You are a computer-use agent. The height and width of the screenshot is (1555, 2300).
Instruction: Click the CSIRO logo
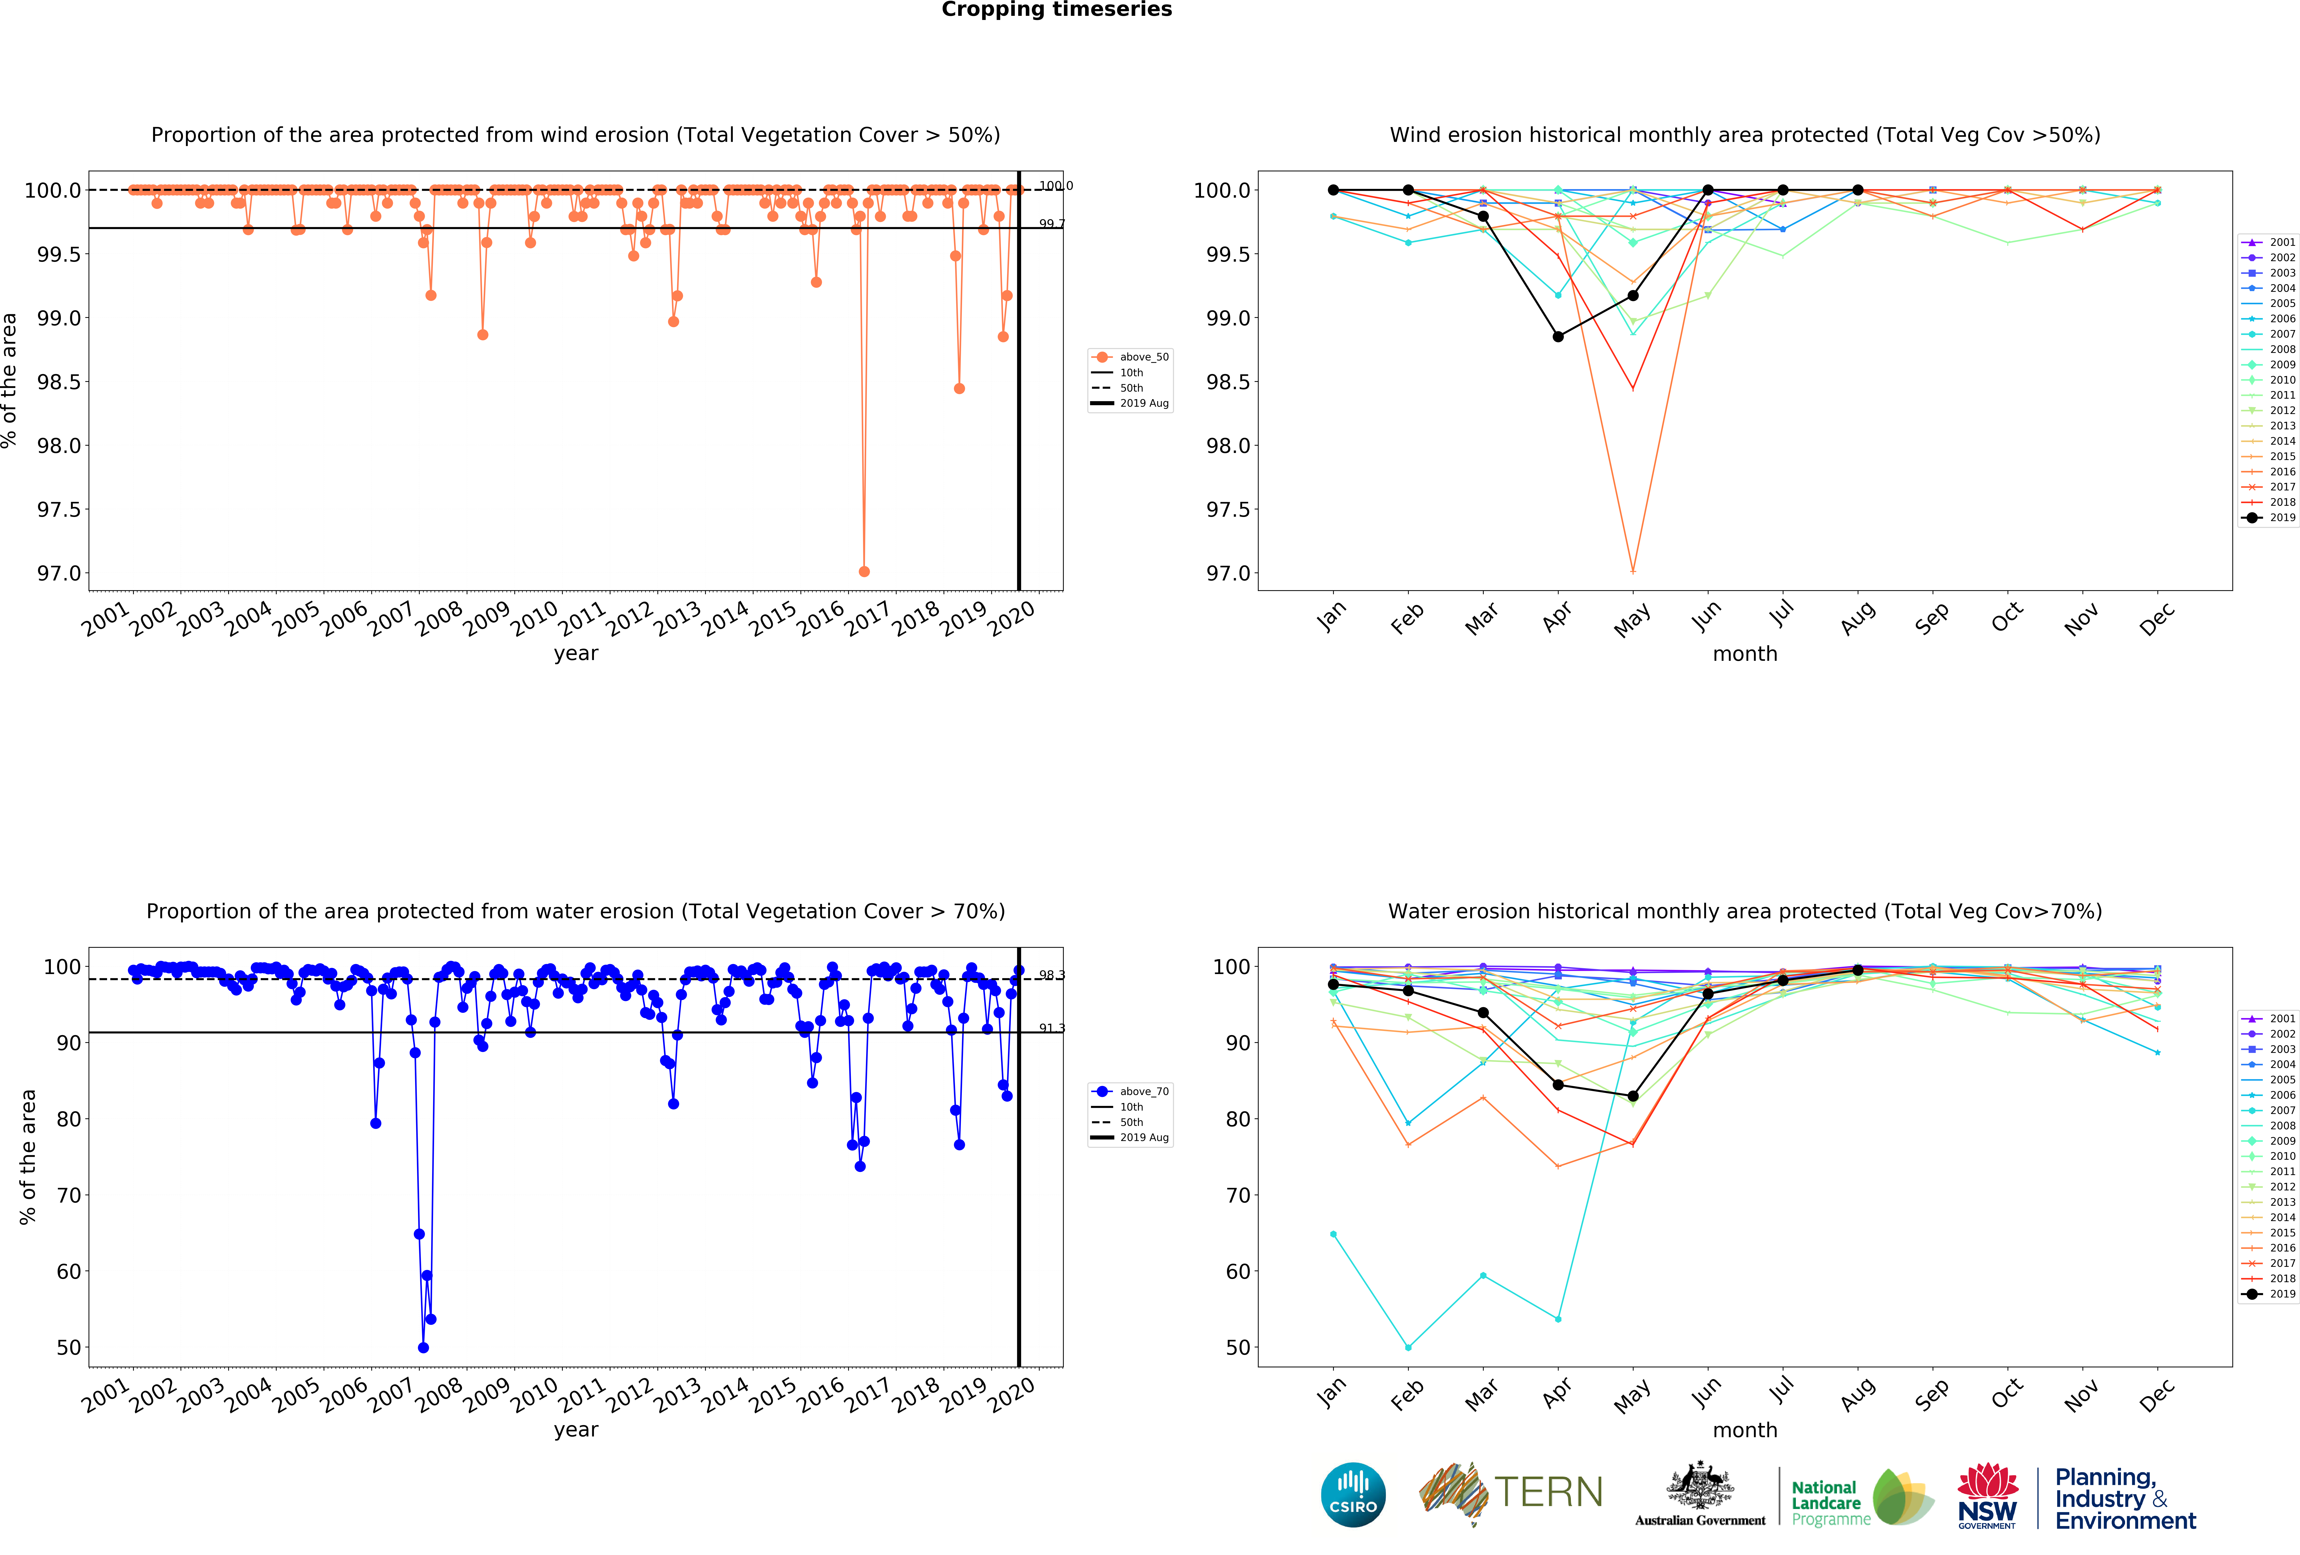click(1353, 1495)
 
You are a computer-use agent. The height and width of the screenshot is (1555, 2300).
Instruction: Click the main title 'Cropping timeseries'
click(1056, 10)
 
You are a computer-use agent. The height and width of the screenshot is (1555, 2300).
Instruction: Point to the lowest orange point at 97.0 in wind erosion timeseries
click(864, 571)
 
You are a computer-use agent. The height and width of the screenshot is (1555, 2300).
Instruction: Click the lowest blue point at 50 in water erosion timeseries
click(424, 1347)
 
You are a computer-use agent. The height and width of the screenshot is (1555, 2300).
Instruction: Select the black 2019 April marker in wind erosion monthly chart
click(1558, 337)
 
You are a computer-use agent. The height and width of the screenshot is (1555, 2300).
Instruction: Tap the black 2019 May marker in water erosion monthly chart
click(1633, 1096)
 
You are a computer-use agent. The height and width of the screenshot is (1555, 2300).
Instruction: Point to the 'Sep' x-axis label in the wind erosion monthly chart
click(1931, 618)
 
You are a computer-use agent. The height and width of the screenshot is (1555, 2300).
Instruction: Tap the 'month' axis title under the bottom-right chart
click(1745, 1430)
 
